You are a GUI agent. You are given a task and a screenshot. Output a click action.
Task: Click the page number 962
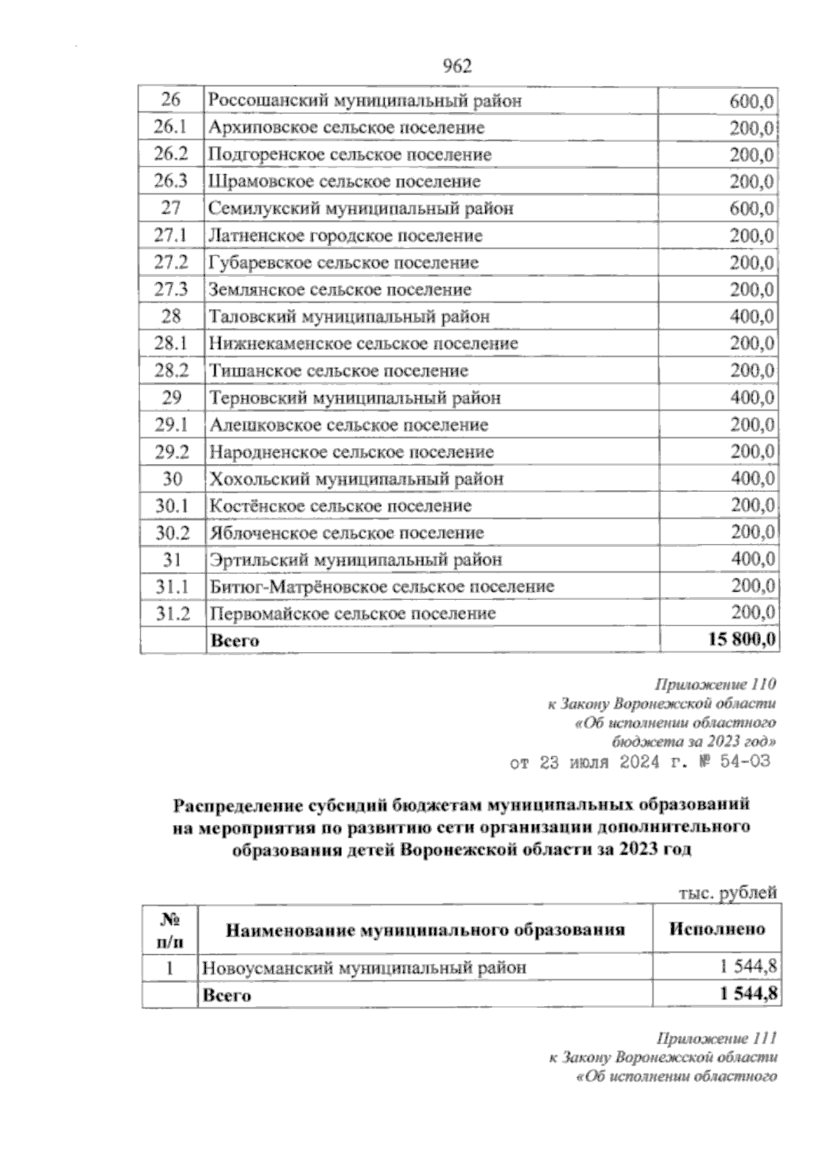click(456, 66)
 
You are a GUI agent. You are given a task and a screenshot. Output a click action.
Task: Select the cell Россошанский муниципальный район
click(365, 101)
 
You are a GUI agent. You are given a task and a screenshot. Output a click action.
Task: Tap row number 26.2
click(171, 154)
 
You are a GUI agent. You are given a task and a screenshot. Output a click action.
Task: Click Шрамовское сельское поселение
click(345, 182)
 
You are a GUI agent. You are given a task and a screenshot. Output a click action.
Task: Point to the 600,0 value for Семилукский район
click(751, 209)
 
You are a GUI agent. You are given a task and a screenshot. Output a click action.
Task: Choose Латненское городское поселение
click(345, 236)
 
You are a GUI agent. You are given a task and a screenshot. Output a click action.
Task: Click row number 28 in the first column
click(171, 317)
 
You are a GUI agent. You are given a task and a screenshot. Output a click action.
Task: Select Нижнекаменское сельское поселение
click(363, 344)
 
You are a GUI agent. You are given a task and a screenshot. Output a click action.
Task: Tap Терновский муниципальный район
click(355, 398)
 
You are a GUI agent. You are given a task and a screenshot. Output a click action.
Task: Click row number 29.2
click(171, 452)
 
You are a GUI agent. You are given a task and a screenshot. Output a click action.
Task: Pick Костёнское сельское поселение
click(340, 506)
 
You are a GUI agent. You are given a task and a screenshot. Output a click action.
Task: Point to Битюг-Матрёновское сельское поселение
click(382, 587)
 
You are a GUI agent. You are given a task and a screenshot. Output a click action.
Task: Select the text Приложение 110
click(716, 685)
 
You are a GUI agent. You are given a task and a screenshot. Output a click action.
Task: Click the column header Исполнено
click(717, 928)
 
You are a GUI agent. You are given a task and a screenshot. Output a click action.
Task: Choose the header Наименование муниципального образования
click(425, 930)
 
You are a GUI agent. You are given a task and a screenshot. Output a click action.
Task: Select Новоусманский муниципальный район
click(364, 968)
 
